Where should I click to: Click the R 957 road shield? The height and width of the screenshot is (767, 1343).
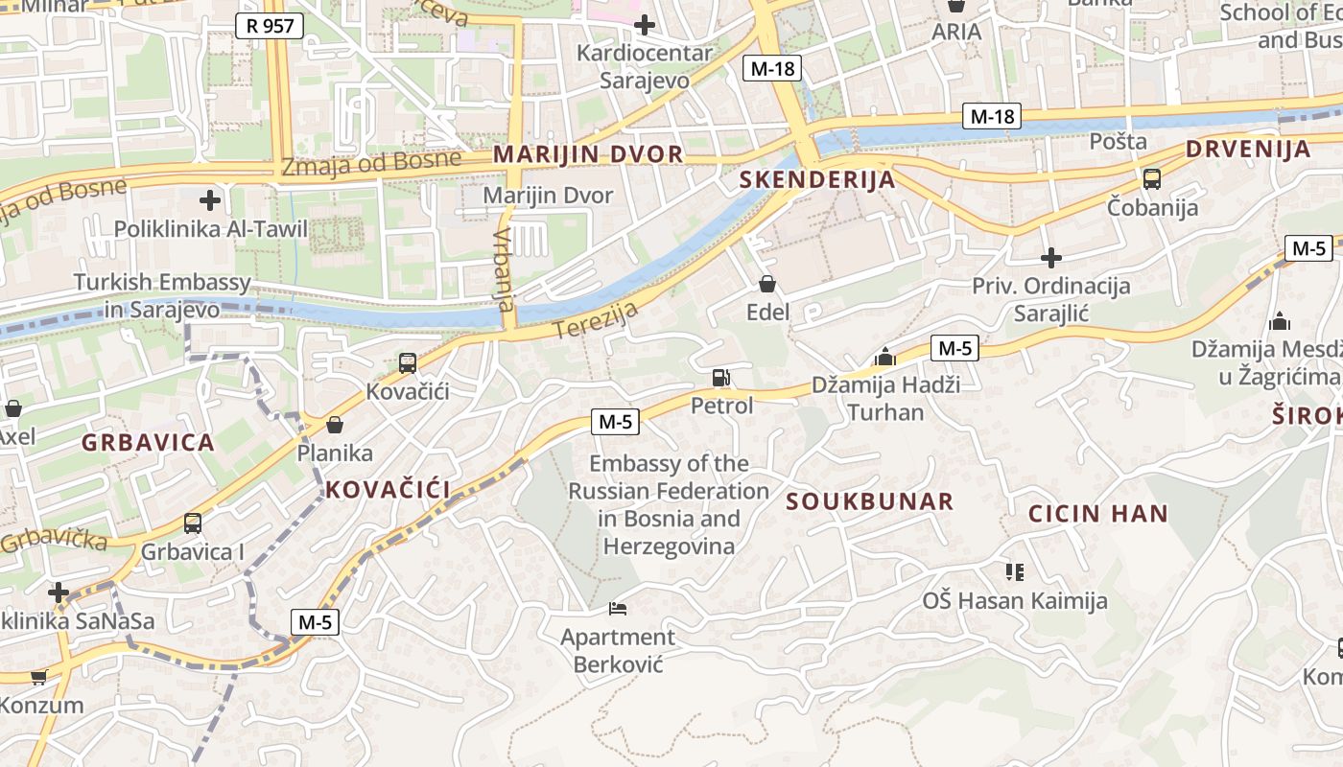(x=270, y=26)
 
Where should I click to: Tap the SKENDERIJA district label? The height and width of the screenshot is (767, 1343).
(x=817, y=179)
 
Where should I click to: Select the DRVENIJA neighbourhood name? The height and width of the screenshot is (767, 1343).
(x=1248, y=149)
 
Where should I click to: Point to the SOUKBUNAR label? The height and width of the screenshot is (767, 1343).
(x=870, y=501)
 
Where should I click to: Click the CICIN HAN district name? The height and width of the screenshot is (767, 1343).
(x=1098, y=513)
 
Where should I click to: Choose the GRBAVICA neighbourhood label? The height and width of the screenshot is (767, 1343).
(x=148, y=442)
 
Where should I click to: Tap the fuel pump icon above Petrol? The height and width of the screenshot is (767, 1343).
(x=721, y=378)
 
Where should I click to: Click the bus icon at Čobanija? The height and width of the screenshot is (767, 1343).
(x=1151, y=179)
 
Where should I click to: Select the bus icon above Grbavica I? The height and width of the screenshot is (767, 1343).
(x=193, y=523)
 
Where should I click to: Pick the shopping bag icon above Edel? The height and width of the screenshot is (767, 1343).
(x=767, y=284)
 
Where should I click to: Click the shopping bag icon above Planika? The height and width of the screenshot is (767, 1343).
(x=335, y=424)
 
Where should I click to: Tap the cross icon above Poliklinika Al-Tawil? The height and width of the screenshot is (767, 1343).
(x=210, y=200)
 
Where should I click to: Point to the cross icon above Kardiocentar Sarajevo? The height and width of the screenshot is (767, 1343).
(x=645, y=24)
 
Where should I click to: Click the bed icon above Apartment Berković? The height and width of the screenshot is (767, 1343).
(x=618, y=608)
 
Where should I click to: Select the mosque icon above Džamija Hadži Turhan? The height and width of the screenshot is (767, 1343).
(x=884, y=359)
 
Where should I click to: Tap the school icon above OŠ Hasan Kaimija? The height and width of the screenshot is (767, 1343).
(x=1015, y=572)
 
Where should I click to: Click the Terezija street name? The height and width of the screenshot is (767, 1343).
(x=595, y=319)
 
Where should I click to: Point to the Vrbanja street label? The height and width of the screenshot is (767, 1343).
(x=505, y=269)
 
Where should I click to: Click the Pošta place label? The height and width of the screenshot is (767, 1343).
(x=1118, y=142)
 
